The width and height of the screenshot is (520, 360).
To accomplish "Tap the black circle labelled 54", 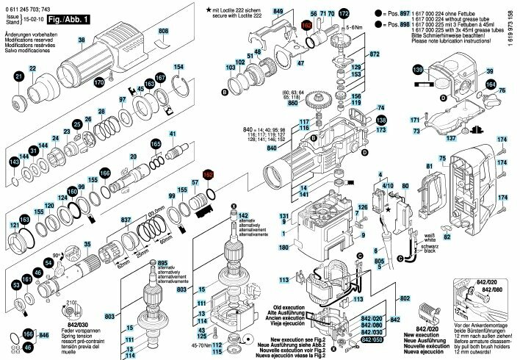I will click(48, 262).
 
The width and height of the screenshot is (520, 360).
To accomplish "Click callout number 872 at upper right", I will click(374, 54).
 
